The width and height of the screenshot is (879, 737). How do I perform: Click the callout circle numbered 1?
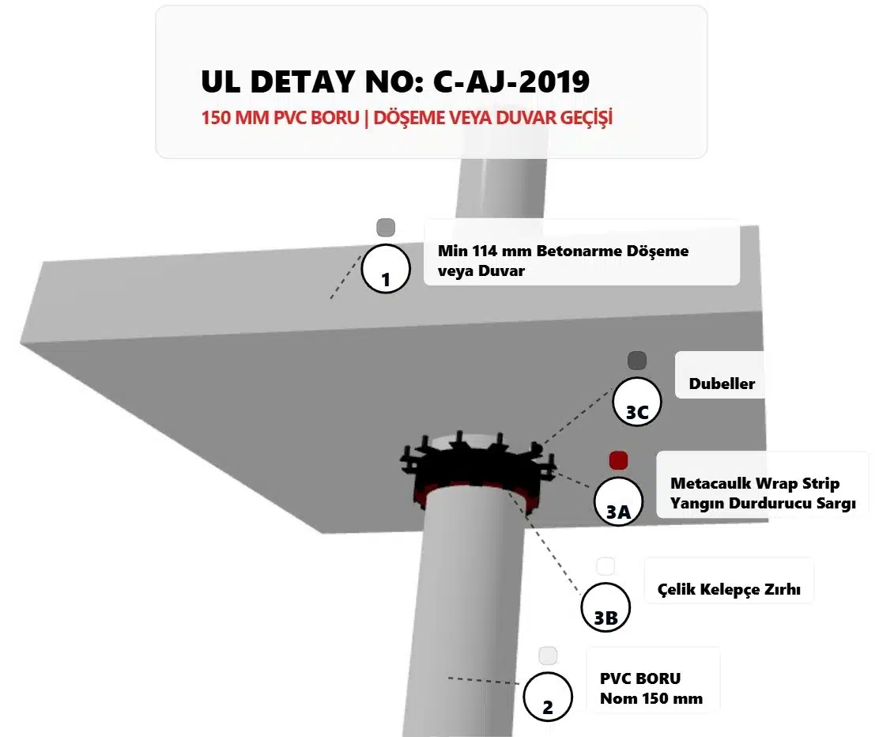click(x=386, y=269)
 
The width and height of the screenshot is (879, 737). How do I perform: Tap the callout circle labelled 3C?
click(x=637, y=402)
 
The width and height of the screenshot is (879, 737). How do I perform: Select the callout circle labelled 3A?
click(x=618, y=501)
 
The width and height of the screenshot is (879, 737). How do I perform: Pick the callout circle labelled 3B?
click(x=605, y=607)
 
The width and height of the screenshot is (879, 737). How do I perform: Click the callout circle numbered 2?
click(x=548, y=697)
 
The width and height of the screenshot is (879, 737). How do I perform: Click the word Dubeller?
click(x=722, y=384)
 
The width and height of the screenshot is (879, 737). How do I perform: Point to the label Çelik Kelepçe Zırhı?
click(x=729, y=589)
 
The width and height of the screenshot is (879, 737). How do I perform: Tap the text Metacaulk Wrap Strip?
click(x=755, y=483)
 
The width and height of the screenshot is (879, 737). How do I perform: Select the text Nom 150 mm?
click(x=651, y=699)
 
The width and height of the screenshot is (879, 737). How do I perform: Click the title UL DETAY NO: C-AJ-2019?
click(x=395, y=81)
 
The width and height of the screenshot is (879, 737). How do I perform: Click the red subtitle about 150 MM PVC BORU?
click(x=407, y=118)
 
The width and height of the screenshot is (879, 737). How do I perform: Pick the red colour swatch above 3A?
click(x=618, y=460)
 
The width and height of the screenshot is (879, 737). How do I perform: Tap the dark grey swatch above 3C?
click(x=637, y=361)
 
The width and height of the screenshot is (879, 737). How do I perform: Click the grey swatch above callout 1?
click(x=386, y=228)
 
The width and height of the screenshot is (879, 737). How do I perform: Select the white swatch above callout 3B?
click(x=605, y=566)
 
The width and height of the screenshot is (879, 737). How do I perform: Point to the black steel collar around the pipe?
click(x=478, y=466)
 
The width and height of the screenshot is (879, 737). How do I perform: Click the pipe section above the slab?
click(x=500, y=188)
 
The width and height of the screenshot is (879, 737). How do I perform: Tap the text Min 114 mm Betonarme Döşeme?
click(x=563, y=251)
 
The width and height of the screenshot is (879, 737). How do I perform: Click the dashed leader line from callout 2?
click(x=483, y=681)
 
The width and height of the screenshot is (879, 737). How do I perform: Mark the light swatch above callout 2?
click(x=548, y=656)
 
